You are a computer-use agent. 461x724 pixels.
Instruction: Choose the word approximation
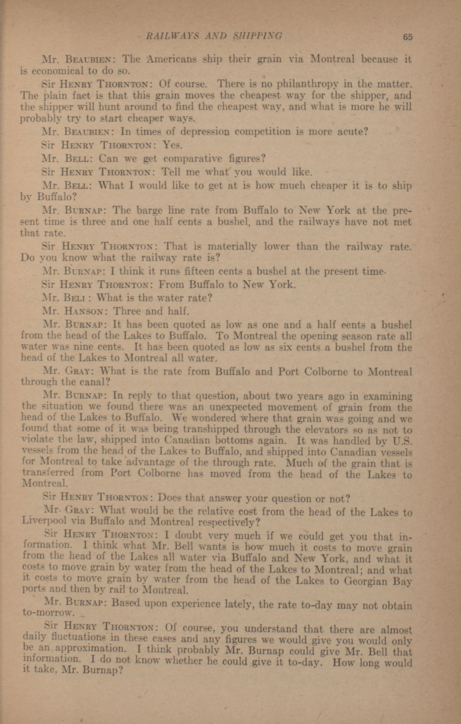(80, 648)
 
